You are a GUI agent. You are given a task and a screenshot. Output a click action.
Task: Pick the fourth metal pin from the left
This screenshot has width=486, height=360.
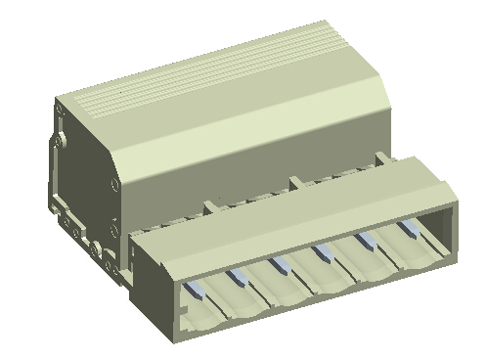pos(321,256)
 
